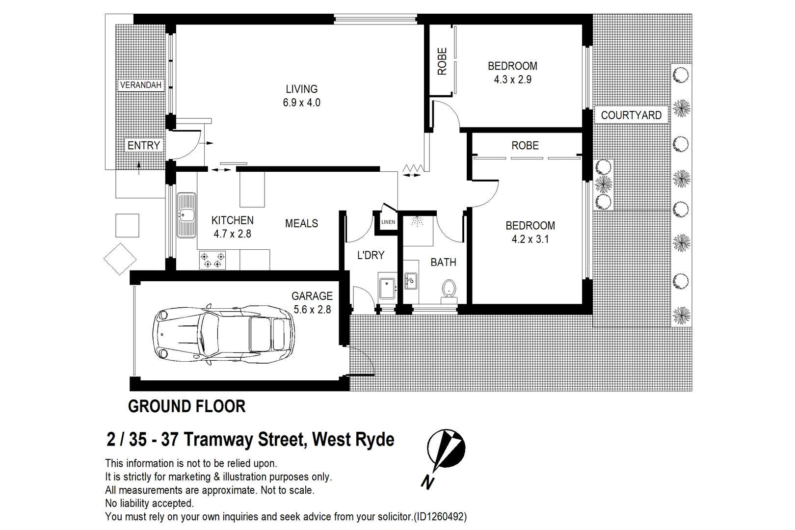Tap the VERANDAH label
pos(141,85)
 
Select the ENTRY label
pos(144,145)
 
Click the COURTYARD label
pos(631,115)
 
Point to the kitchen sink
pos(186,215)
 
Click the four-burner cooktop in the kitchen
pos(212,260)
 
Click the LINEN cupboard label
pos(388,222)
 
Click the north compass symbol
pos(445,449)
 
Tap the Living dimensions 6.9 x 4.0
pos(301,103)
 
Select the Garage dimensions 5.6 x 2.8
pos(312,310)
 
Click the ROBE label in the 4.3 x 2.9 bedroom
pos(442,61)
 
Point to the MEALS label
pos(301,223)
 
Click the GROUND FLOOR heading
pos(186,406)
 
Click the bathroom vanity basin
pos(410,281)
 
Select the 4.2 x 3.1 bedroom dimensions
pos(530,239)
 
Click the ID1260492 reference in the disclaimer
pos(440,517)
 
